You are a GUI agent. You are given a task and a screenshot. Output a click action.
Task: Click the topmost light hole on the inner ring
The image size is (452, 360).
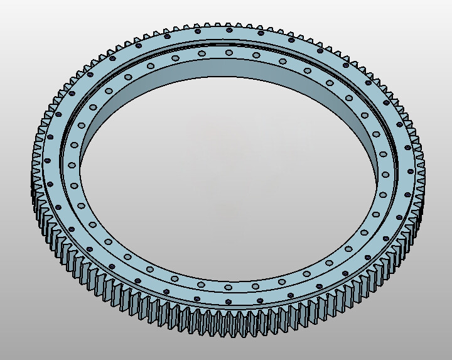pyautogui.click(x=228, y=53)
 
